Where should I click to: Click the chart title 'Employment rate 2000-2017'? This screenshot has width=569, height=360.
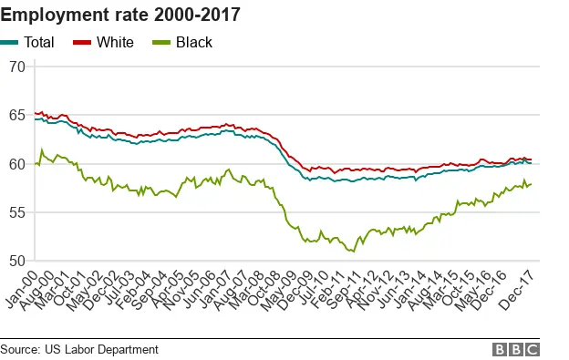[x=120, y=14]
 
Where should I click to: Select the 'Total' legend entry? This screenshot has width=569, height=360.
[x=39, y=42]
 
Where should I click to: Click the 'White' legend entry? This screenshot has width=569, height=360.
[x=117, y=42]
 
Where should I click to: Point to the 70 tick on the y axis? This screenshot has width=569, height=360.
[x=16, y=67]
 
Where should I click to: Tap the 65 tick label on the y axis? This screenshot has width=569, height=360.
[x=16, y=116]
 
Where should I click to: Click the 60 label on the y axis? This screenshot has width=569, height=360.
[x=16, y=164]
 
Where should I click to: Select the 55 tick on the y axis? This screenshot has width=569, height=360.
[x=16, y=212]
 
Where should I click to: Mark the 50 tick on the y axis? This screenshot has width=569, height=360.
[x=16, y=261]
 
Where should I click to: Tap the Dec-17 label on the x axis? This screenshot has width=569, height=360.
[x=522, y=284]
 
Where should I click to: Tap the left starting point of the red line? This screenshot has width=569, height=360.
[x=35, y=113]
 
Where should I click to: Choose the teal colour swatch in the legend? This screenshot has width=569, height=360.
[x=9, y=42]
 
